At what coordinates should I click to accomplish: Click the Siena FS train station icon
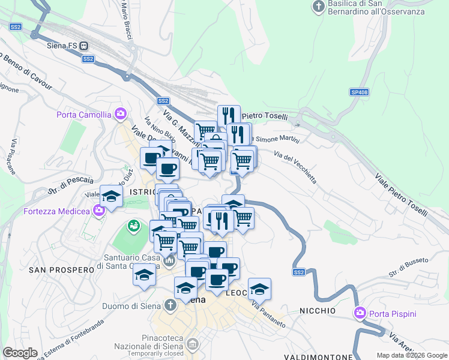(x=83, y=45)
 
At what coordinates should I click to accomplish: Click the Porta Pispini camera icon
(x=360, y=313)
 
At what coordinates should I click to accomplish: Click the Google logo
(x=20, y=353)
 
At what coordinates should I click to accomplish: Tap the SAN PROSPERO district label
(x=61, y=270)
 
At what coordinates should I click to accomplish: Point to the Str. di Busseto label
(x=408, y=268)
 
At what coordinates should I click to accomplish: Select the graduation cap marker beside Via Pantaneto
(x=259, y=289)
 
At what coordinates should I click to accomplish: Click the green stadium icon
(x=133, y=227)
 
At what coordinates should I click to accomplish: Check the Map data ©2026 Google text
(x=412, y=355)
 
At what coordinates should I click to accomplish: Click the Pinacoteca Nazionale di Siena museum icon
(x=193, y=344)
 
